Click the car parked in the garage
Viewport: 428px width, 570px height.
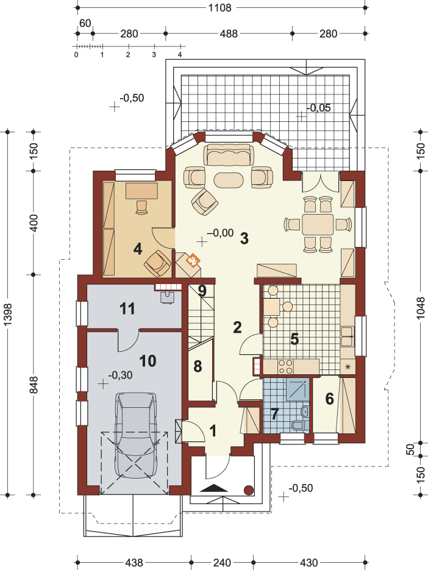(x=137, y=435)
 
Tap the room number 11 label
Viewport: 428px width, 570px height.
(x=127, y=308)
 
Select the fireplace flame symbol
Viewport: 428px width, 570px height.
(x=193, y=260)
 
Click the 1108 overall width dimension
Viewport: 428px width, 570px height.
(x=220, y=8)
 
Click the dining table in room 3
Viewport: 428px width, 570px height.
(x=318, y=224)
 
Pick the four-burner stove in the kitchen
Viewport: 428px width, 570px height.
(x=285, y=366)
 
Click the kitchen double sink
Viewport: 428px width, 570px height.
(x=347, y=337)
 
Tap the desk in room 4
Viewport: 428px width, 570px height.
(x=142, y=191)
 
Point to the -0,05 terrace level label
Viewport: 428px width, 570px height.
(x=319, y=108)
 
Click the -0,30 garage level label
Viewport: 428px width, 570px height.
(x=120, y=375)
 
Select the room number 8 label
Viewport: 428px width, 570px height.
(x=198, y=366)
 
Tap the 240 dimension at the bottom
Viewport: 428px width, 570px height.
(x=221, y=563)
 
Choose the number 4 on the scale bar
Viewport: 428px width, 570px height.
(x=180, y=54)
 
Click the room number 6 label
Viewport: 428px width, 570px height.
(x=329, y=399)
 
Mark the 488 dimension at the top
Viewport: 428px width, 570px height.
(x=229, y=34)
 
